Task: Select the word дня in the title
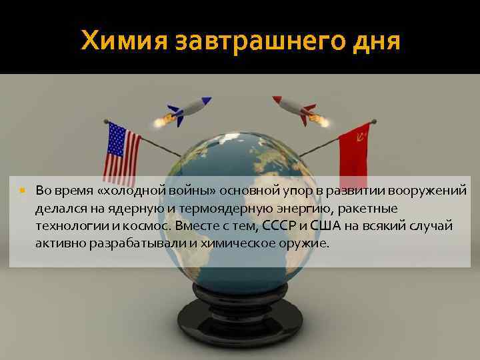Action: pos(373,41)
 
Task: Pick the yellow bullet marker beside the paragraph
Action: pos(23,191)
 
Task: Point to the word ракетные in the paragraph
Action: pos(369,209)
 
